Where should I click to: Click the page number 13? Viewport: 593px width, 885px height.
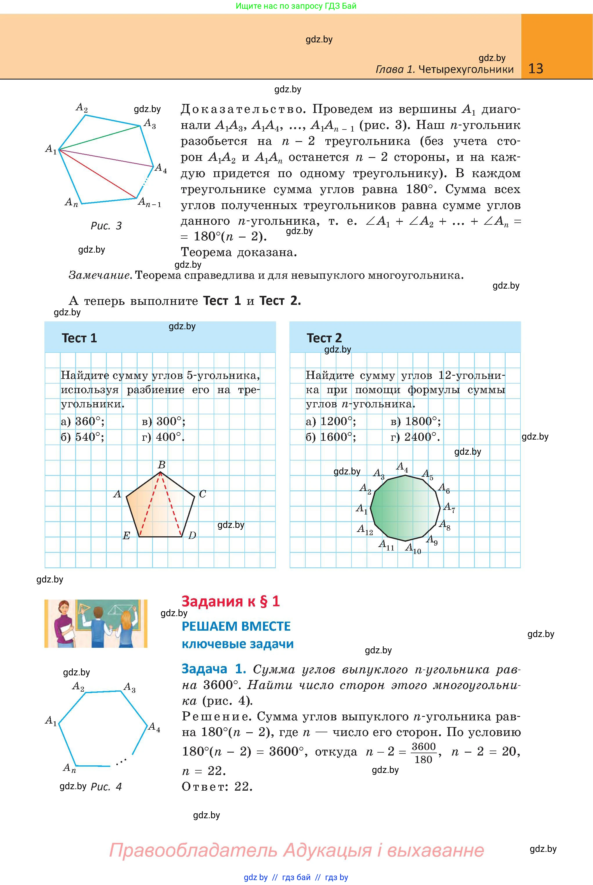pos(536,69)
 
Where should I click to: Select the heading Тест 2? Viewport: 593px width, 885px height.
pos(324,338)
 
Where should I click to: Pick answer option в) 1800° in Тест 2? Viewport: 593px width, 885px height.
pos(416,421)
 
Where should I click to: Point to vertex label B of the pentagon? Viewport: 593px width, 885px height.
pos(161,465)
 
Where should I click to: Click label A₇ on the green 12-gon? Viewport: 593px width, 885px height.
pos(449,508)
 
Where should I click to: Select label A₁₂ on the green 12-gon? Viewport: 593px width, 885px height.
pos(365,530)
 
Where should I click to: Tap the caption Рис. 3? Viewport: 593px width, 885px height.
pos(106,226)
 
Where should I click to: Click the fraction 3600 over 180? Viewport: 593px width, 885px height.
pos(423,753)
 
